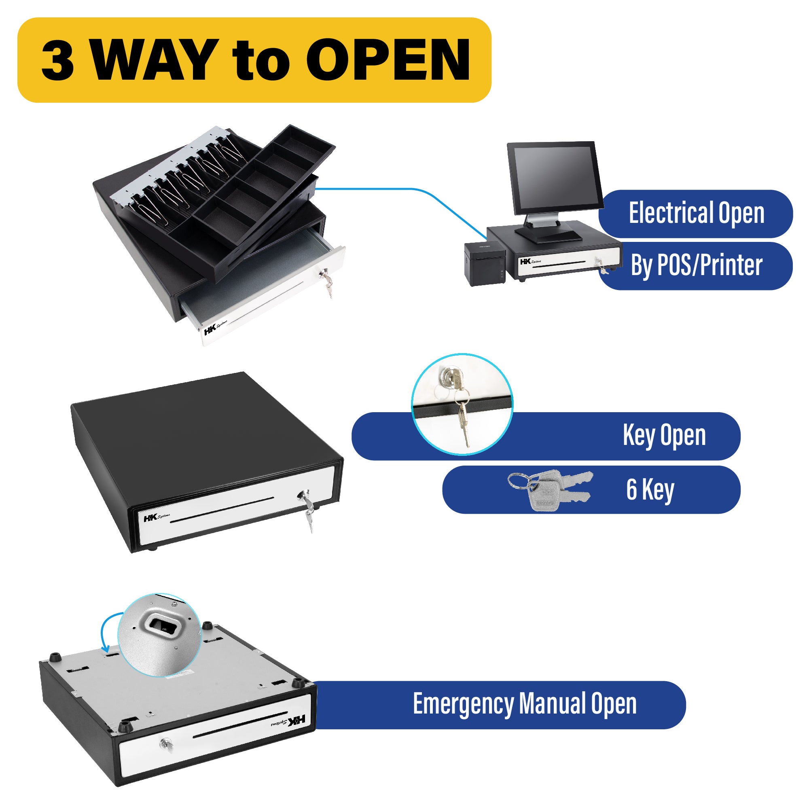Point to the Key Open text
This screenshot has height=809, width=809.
coord(664,436)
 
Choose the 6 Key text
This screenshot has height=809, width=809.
coord(650,489)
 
